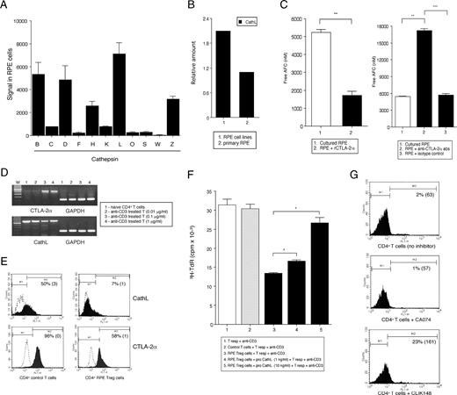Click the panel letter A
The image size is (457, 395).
[x=7, y=7]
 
